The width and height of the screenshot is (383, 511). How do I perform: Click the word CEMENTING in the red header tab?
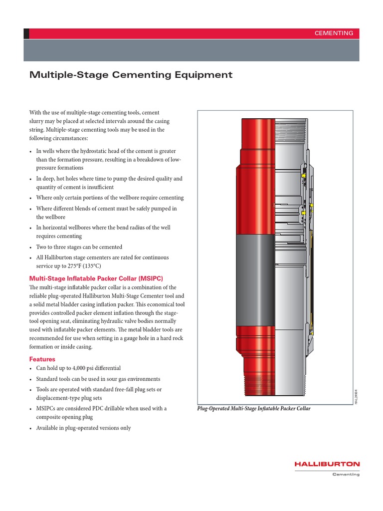334,33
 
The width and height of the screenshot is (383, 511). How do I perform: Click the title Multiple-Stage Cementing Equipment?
131,75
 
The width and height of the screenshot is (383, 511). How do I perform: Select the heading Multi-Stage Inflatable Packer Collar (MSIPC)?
96,278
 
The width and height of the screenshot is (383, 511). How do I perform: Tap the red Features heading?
42,359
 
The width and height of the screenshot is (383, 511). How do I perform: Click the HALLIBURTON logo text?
327,464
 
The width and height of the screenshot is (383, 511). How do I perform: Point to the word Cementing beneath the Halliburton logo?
346,474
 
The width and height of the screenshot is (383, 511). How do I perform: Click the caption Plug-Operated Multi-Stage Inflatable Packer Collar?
254,408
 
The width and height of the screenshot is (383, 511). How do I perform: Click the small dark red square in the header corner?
26,33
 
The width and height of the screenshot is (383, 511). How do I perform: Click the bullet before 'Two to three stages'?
31,247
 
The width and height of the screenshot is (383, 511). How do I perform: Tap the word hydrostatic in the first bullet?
97,151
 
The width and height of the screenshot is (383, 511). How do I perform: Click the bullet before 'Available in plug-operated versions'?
31,428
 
